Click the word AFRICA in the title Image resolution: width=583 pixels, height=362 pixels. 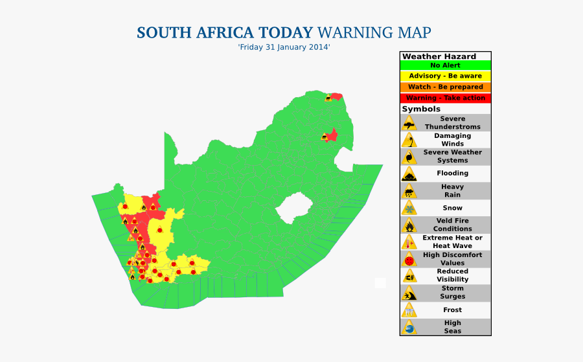coord(222,32)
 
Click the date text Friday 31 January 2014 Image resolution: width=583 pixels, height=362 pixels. coord(284,48)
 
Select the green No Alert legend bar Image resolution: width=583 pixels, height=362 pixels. coord(445,65)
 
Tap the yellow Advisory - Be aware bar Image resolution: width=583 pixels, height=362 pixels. coord(445,76)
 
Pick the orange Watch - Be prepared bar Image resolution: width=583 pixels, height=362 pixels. coord(445,87)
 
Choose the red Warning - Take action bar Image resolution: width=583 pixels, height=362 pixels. coord(445,98)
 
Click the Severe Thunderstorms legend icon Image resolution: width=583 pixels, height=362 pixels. coord(409,123)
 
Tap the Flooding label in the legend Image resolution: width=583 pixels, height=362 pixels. coord(452,174)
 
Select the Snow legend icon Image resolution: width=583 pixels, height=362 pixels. coord(409,208)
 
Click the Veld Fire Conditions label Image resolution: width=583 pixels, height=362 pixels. coord(452,225)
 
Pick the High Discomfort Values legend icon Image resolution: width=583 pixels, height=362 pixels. coord(409,259)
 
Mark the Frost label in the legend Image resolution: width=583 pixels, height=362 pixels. coord(452,310)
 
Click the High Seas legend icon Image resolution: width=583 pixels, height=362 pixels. coord(409,327)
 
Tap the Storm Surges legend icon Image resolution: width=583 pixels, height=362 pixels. coord(409,293)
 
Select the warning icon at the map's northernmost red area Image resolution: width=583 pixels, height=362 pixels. coord(329,98)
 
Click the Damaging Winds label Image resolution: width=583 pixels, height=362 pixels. coord(452,140)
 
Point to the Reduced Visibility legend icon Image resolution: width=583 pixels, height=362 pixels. coord(409,276)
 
